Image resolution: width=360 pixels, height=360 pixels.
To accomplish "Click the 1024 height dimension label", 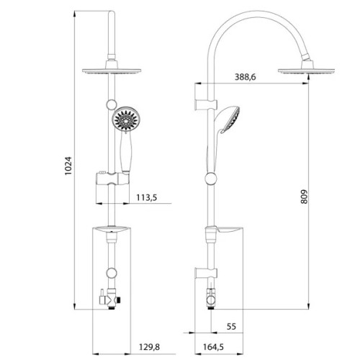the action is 68,166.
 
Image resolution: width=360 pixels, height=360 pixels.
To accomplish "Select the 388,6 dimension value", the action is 245,77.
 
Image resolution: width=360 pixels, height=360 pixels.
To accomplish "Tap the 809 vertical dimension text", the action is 304,197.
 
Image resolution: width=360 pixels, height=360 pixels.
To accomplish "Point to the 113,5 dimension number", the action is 147,197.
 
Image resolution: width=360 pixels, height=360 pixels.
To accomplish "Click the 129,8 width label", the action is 149,347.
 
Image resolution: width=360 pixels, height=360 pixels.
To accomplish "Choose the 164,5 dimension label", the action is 213,347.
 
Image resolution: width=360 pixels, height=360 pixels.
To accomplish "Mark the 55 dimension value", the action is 231,326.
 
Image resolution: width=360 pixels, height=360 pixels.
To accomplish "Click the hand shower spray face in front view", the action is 125,119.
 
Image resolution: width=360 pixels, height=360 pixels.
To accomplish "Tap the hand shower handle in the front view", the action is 125,152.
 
